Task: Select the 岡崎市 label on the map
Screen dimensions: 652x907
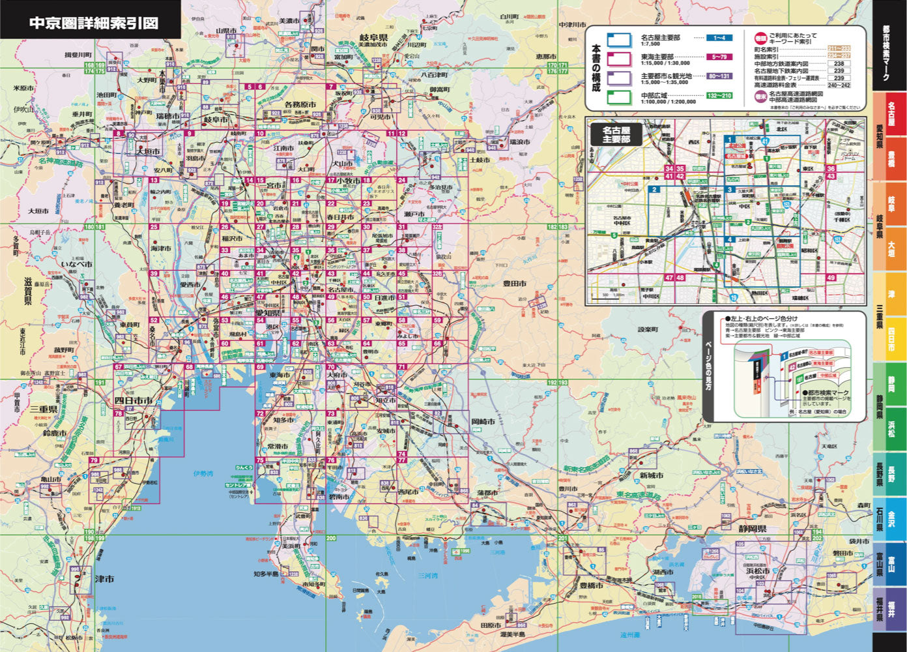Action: pyautogui.click(x=483, y=422)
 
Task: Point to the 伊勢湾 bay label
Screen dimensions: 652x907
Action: pyautogui.click(x=203, y=473)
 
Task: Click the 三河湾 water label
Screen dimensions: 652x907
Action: pyautogui.click(x=427, y=576)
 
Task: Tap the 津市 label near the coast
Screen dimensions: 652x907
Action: pyautogui.click(x=104, y=579)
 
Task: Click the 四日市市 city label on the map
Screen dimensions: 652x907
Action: pyautogui.click(x=134, y=400)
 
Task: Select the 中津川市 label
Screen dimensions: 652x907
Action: pyautogui.click(x=573, y=25)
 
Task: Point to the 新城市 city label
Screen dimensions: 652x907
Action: pyautogui.click(x=651, y=475)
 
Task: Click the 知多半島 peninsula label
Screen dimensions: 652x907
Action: pyautogui.click(x=268, y=574)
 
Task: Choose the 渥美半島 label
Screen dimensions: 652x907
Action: pyautogui.click(x=513, y=634)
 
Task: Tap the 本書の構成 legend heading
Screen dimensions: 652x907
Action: pyautogui.click(x=595, y=68)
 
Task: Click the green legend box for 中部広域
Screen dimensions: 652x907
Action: pyautogui.click(x=619, y=98)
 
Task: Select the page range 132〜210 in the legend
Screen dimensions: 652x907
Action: pyautogui.click(x=719, y=96)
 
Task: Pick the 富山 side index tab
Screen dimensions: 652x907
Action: pyautogui.click(x=890, y=562)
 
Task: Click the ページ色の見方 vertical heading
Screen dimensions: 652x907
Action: pyautogui.click(x=712, y=365)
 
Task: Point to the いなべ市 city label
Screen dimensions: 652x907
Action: pyautogui.click(x=77, y=265)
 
